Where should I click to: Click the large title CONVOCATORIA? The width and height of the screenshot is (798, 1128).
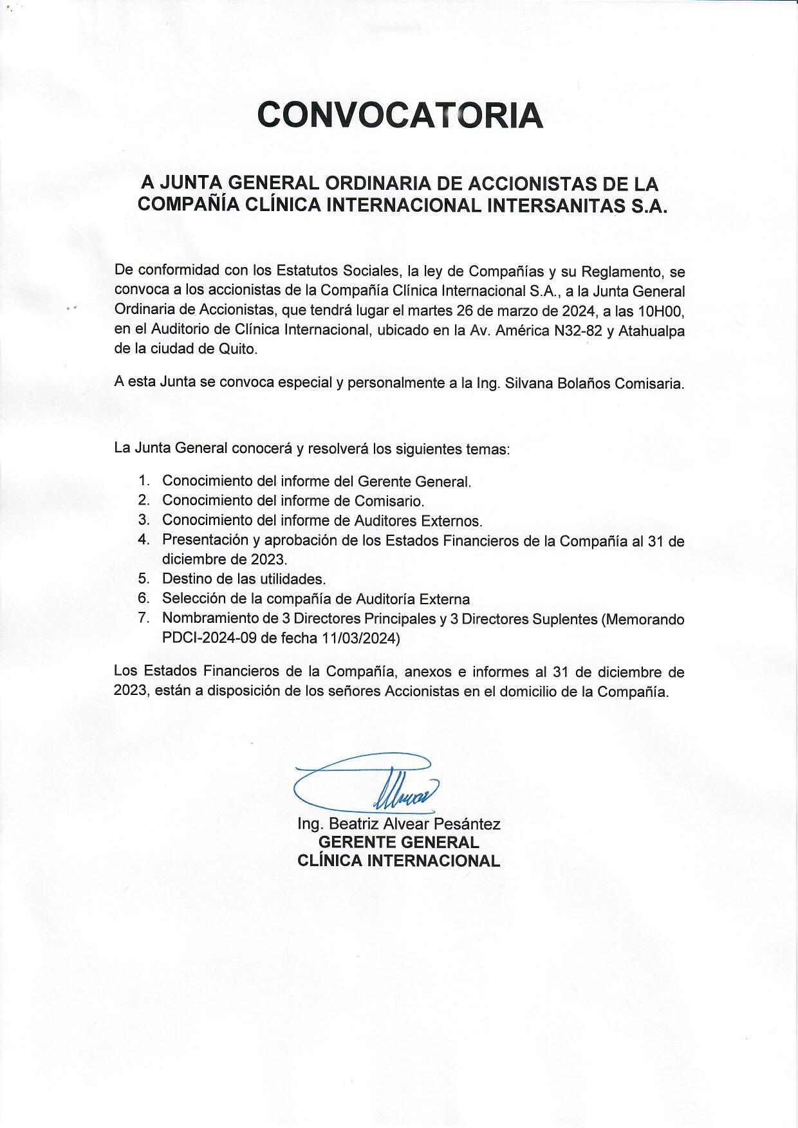click(x=400, y=115)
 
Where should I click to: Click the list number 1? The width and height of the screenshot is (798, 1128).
click(x=144, y=480)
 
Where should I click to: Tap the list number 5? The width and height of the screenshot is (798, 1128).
click(x=144, y=578)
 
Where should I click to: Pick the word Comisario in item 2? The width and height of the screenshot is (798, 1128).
click(x=393, y=500)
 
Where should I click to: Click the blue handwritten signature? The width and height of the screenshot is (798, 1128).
click(x=367, y=782)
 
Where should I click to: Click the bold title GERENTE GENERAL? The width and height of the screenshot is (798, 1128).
click(x=399, y=842)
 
